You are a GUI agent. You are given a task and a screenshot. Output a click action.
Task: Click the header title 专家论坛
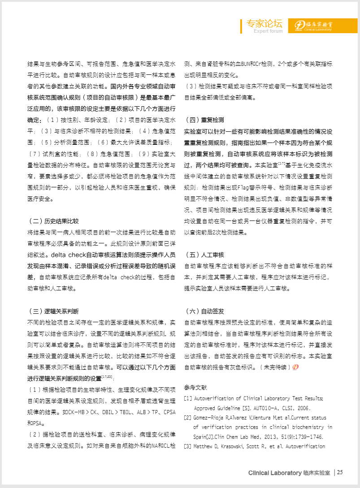point(264,23)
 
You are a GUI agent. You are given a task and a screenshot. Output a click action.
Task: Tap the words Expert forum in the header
point(268,31)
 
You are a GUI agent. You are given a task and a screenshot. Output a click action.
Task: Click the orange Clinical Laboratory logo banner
point(317,26)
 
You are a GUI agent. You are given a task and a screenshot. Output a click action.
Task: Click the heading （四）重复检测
point(204,120)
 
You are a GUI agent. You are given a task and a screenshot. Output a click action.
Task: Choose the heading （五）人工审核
point(204,255)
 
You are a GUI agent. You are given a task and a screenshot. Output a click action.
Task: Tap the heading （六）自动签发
point(204,311)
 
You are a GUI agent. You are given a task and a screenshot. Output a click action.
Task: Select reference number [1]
point(188,398)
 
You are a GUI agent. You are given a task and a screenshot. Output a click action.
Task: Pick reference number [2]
point(188,418)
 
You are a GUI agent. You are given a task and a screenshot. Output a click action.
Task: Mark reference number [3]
point(188,446)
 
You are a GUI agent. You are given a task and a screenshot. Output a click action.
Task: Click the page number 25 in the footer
point(340,472)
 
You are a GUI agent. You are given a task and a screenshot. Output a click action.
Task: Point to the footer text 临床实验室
point(317,473)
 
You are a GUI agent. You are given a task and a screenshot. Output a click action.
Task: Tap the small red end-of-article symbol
point(295,367)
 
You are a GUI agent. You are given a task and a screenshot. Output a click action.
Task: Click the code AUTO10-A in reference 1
point(273,408)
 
